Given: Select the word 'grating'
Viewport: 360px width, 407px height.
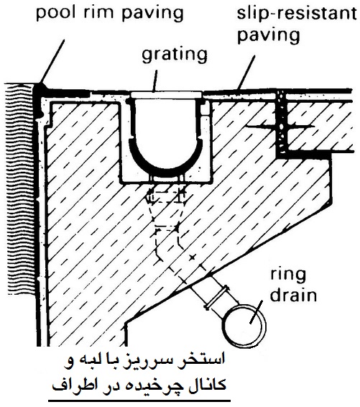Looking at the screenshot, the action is [x=175, y=55].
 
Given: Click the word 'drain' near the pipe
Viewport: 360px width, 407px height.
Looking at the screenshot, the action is [x=293, y=295].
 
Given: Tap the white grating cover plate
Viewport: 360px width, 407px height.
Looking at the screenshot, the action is [x=166, y=94].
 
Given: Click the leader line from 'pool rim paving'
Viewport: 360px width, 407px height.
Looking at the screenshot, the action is [x=52, y=62].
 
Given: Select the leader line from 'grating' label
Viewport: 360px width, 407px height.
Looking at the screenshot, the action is [x=155, y=81].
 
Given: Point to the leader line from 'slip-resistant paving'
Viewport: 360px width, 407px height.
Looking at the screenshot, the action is [x=246, y=73].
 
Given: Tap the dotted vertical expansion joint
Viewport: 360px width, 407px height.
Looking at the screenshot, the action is [x=282, y=122].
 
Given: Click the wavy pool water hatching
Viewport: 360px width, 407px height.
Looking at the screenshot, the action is [x=20, y=190].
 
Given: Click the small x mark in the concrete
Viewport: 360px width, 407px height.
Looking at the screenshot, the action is [x=192, y=257].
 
